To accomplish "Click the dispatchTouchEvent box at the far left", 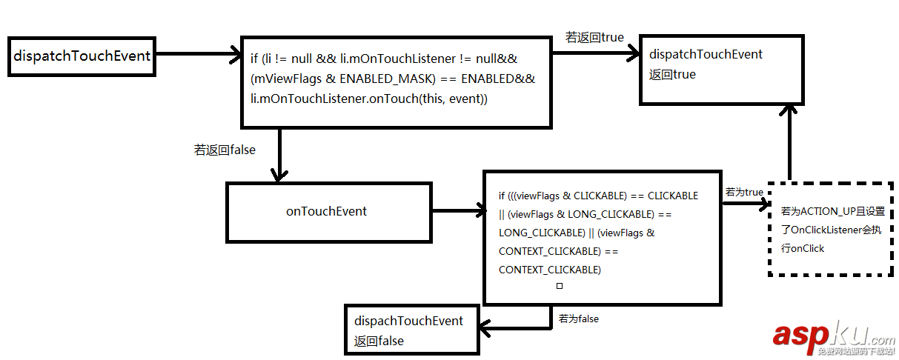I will click(81, 56).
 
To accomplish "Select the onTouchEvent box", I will click(327, 211).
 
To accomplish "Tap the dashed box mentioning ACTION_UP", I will click(829, 229).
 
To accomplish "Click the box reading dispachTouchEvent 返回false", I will click(411, 330).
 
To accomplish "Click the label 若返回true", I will click(594, 36).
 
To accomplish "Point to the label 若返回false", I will click(225, 150).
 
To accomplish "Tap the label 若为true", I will click(743, 193).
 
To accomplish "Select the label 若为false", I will click(579, 319).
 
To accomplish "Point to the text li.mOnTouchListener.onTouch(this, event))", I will click(369, 98).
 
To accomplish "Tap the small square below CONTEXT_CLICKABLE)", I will click(560, 285).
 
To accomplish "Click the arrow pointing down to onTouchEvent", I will click(279, 156).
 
